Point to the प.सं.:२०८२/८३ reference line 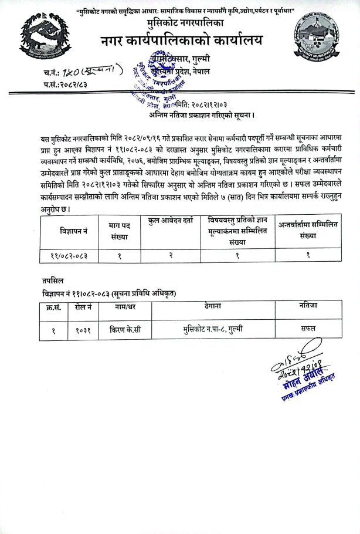point(65,86)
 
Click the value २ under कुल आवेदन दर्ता point(171,255)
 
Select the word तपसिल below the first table point(53,281)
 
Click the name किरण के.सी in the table point(125,329)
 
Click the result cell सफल point(308,329)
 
